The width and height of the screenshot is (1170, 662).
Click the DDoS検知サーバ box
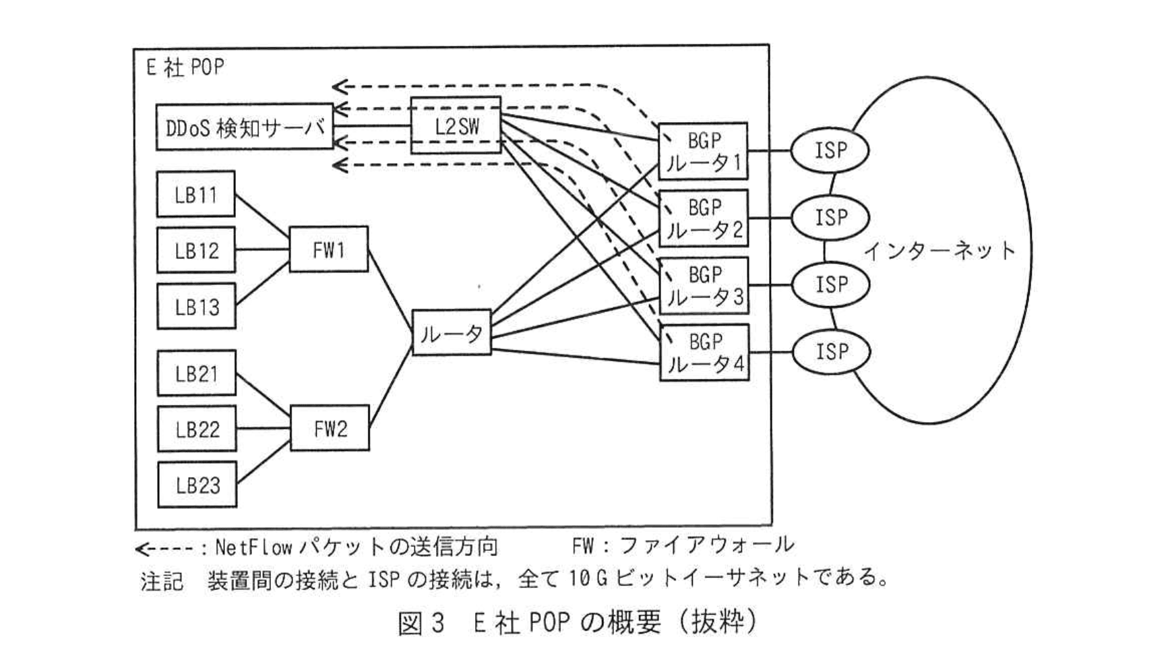[244, 127]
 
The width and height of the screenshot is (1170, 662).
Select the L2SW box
[456, 125]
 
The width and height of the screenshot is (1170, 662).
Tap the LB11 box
[195, 194]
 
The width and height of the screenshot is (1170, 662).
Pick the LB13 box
[196, 307]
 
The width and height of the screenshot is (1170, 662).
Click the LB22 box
[197, 429]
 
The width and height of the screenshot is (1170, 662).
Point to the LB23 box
[197, 485]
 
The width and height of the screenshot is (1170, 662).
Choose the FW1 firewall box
[328, 249]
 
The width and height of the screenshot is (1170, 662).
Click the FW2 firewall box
[330, 428]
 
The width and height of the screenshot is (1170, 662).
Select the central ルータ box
[451, 332]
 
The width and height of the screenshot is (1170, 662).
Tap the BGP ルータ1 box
[703, 151]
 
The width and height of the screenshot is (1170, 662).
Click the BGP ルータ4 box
[704, 353]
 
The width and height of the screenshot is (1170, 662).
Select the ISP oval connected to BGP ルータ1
[830, 150]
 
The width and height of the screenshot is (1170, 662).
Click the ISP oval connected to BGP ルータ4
[831, 351]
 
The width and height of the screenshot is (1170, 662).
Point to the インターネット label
[939, 251]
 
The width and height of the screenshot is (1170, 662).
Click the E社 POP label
[185, 67]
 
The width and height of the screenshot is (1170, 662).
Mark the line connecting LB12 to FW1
[262, 249]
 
